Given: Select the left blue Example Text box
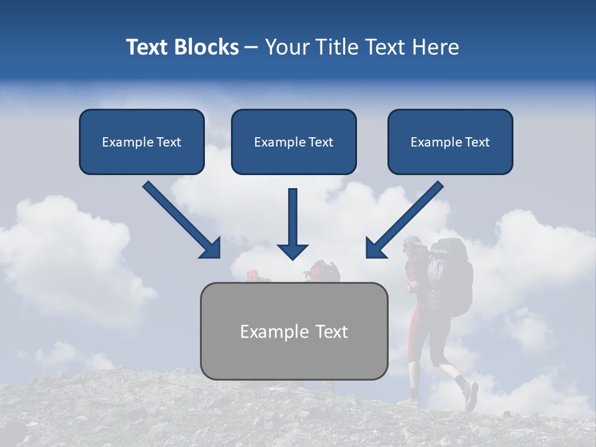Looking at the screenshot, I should coord(142,142).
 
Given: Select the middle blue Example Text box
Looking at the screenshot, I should coord(294,142).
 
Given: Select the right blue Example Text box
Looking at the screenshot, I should coord(450,142).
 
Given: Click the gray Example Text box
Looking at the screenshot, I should coord(294,331).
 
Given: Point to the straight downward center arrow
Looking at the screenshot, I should coord(292,217).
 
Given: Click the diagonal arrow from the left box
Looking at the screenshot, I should coord(180,219).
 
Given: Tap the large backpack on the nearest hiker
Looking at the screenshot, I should coord(450,273).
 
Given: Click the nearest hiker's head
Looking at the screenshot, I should coord(412,245).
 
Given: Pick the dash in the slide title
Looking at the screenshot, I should coord(251,48).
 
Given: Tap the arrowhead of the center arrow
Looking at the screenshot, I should coord(292,251).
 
